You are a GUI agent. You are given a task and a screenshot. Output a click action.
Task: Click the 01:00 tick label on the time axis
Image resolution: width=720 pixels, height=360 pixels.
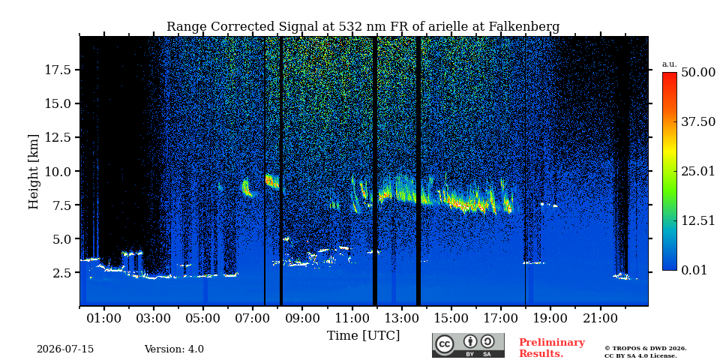[x=104, y=318]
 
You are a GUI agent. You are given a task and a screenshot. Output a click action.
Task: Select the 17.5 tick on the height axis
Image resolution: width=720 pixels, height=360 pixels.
[x=57, y=70]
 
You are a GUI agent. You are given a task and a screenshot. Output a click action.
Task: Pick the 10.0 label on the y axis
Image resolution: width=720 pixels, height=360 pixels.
[x=57, y=171]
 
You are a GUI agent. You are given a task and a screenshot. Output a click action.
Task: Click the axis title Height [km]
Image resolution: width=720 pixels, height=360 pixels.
[x=34, y=172]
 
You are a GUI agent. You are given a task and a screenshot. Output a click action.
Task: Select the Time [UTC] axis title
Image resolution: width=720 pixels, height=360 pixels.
[x=363, y=336]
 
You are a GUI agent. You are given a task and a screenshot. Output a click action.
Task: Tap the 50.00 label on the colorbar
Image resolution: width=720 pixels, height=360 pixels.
[x=698, y=73]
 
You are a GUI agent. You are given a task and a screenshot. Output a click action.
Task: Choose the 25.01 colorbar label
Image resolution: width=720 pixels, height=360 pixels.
[x=698, y=172]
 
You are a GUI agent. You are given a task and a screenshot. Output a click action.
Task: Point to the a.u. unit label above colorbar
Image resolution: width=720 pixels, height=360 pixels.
[x=670, y=64]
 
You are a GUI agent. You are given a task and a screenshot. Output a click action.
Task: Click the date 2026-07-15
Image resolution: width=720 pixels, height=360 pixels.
[x=65, y=349]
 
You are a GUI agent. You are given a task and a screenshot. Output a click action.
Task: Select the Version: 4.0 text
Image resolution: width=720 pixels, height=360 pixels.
[x=174, y=349]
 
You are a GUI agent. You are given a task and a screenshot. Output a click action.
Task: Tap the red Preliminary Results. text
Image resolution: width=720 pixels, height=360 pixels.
[x=552, y=348]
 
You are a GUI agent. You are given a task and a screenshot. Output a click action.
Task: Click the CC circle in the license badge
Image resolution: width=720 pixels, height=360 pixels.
[x=445, y=344]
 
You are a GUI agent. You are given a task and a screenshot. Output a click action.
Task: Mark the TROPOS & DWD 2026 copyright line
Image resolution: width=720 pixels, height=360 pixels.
[x=646, y=349]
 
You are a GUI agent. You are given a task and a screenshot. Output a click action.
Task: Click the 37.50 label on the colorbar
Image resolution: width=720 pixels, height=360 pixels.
[x=698, y=122]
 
